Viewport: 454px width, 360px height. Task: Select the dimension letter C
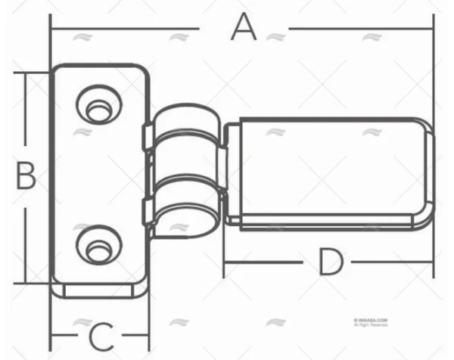(101, 334)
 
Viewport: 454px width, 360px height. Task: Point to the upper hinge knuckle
(185, 124)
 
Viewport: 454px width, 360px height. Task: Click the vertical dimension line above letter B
(26, 113)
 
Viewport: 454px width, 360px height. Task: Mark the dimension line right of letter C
(135, 333)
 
